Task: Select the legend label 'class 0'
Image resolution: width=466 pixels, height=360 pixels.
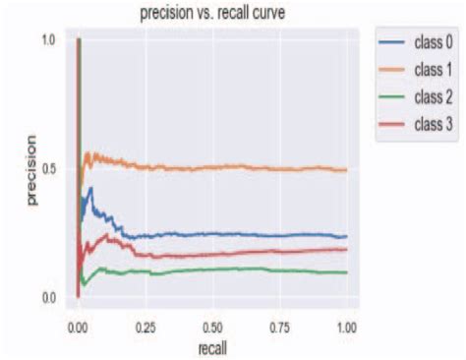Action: [434, 43]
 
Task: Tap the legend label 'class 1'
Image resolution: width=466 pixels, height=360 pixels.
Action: [434, 70]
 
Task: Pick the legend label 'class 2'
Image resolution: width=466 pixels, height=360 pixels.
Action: [434, 96]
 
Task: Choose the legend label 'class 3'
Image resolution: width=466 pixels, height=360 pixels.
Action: [434, 123]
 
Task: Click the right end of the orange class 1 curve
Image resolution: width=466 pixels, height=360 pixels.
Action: [346, 170]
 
